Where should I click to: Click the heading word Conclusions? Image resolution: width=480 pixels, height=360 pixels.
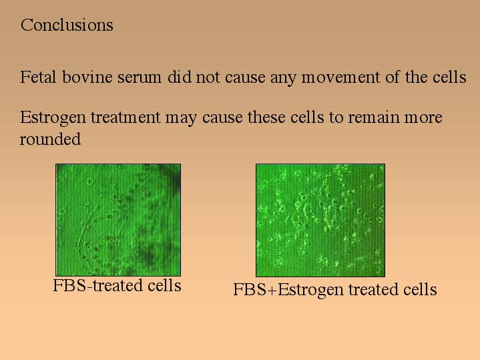(x=67, y=25)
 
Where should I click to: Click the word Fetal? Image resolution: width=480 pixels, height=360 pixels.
(x=38, y=77)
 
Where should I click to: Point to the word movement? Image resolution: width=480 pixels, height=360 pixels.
(x=340, y=78)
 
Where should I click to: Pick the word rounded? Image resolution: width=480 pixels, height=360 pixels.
(x=51, y=139)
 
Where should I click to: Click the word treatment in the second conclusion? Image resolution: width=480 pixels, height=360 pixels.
(x=126, y=118)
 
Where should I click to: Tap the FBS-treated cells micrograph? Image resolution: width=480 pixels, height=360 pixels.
(x=118, y=220)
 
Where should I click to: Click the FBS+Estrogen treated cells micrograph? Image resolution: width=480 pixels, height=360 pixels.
(x=320, y=220)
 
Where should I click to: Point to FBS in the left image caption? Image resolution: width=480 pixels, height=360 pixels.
(x=70, y=285)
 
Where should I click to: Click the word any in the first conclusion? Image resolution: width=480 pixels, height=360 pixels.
(x=283, y=79)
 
